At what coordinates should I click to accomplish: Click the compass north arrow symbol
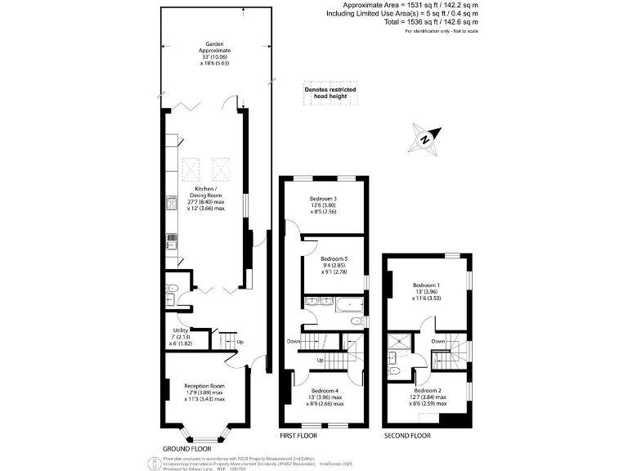pos(427,137)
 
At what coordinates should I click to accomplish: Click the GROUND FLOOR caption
pos(188,449)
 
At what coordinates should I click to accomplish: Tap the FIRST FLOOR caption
pos(298,436)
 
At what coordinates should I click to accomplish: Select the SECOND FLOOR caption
pos(407,436)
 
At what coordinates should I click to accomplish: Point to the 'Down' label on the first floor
pos(296,341)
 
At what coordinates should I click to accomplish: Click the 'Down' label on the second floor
pos(438,341)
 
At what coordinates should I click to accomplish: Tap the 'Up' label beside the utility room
pos(240,341)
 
